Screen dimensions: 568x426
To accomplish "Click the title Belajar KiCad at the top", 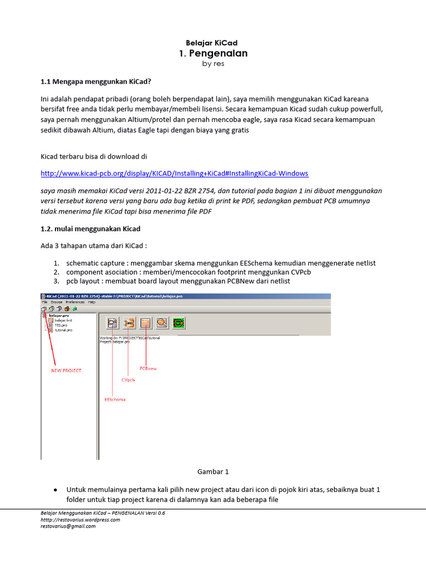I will click(213, 43).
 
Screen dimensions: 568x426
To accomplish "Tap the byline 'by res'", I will click(213, 64).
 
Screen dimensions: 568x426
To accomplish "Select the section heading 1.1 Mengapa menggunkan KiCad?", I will click(95, 82).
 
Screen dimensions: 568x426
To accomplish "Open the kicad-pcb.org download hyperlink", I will click(175, 173).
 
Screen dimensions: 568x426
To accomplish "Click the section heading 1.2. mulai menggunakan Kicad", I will click(90, 229).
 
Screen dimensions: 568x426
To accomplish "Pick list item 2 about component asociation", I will click(189, 272).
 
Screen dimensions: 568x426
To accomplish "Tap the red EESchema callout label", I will click(115, 399).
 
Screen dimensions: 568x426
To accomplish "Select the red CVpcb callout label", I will click(128, 380).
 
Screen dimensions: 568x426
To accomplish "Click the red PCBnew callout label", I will click(148, 368).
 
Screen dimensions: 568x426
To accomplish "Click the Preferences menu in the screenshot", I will click(75, 302).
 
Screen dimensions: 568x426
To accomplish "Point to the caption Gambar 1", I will click(213, 471).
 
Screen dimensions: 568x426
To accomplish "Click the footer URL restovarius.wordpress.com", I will click(80, 520).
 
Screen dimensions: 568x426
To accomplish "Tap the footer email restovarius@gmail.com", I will click(68, 526).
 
